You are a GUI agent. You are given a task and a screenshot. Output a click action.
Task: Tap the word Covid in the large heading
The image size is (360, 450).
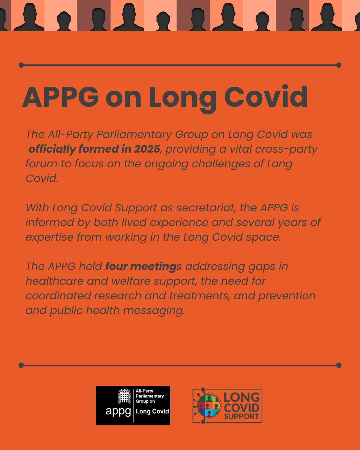coord(266,97)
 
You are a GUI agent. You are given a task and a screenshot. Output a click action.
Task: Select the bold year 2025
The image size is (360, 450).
coord(147,149)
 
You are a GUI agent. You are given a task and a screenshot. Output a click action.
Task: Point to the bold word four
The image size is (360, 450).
coord(117,266)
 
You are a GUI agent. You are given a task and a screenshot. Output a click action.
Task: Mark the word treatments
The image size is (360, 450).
coord(200,296)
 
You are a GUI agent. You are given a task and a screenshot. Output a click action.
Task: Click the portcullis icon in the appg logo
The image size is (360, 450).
coord(124,396)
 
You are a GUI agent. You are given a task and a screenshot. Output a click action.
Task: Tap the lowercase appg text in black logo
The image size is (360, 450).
coord(118,412)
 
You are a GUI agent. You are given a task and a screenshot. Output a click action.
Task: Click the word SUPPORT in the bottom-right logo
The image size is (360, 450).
coord(241,416)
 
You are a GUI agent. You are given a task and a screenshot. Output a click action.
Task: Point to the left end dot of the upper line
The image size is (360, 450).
coord(21,65)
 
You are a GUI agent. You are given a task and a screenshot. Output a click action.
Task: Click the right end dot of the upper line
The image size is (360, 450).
coord(339,65)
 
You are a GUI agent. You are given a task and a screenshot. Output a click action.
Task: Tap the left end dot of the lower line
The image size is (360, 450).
coord(21,365)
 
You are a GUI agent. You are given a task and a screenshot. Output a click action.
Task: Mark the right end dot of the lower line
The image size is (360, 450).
coord(339,365)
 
